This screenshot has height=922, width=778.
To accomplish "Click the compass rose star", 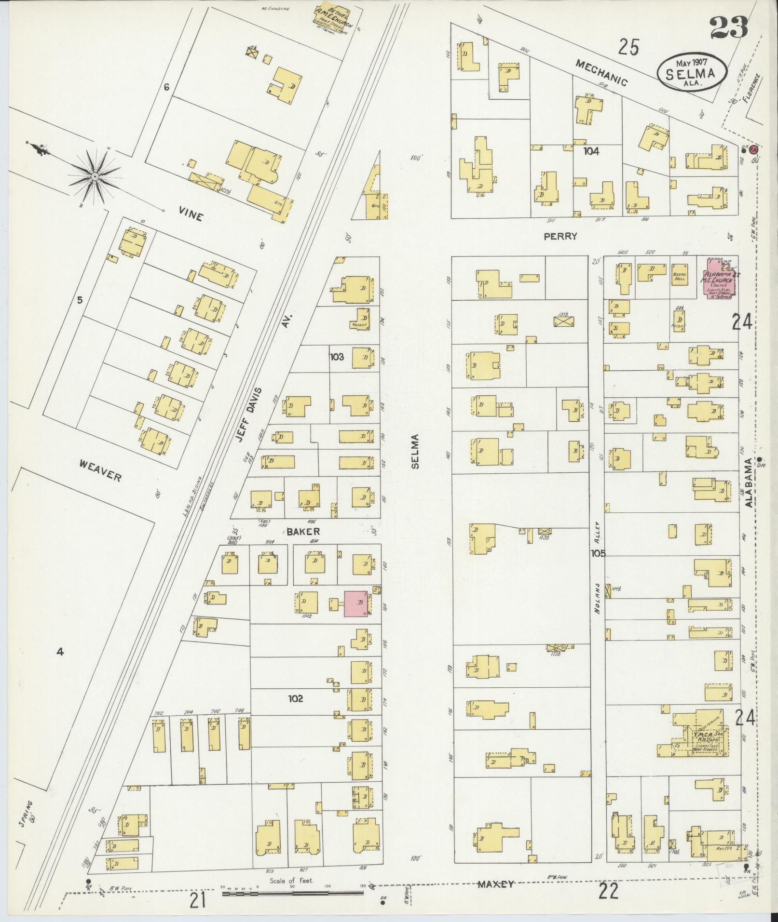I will pyautogui.click(x=95, y=177).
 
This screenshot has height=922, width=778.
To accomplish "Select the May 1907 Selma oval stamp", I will pyautogui.click(x=692, y=71).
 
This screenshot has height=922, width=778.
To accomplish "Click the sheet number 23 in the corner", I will pyautogui.click(x=728, y=28).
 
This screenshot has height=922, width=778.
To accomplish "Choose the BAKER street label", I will pyautogui.click(x=303, y=532).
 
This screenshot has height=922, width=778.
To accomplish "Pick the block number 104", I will pyautogui.click(x=591, y=151).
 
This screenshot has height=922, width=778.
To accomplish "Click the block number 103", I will pyautogui.click(x=337, y=357).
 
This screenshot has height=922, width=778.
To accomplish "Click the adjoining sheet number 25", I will pyautogui.click(x=629, y=48).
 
